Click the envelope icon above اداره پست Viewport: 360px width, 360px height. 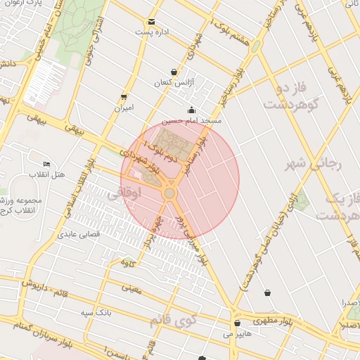tap(152, 22)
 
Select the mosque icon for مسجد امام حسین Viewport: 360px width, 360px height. tap(191, 110)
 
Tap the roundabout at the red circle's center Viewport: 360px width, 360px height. tap(169, 193)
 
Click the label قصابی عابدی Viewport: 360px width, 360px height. tap(79, 233)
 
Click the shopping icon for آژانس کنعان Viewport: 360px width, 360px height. tap(174, 72)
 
